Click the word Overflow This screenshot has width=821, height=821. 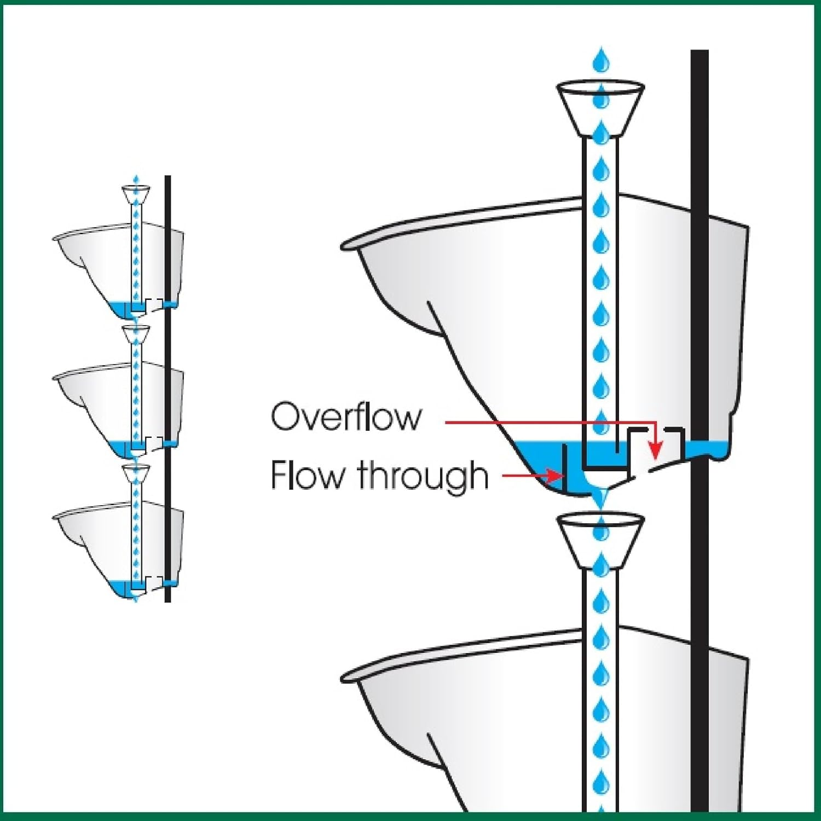346,417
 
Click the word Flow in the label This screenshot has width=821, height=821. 307,475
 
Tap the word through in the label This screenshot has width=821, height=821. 423,475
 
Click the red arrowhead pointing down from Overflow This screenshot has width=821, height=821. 655,452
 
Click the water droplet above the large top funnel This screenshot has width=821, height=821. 602,60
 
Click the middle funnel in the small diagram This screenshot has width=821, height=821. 136,333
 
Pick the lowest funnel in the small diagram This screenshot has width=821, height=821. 136,473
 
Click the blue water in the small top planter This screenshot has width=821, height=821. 118,308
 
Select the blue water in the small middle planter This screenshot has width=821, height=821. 118,448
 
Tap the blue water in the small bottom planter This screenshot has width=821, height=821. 118,587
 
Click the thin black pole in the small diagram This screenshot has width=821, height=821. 167,383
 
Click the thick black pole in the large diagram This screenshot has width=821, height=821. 699,328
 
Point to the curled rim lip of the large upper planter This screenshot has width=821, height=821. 350,244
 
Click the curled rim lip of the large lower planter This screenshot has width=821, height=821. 350,677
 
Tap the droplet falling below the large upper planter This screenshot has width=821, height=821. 602,498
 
